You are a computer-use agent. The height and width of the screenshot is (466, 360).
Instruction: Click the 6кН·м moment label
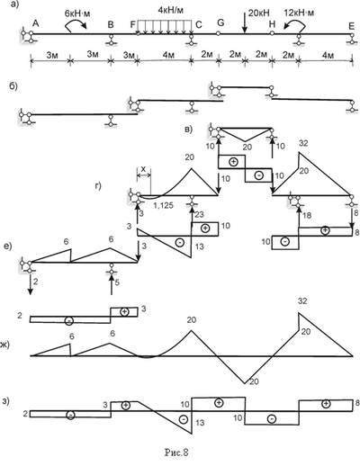tap(77, 13)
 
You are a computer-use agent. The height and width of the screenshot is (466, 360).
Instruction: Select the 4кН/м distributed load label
tap(170, 10)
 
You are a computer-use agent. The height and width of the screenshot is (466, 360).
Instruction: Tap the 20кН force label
tap(259, 13)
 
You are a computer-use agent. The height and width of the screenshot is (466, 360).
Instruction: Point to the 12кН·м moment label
tap(299, 13)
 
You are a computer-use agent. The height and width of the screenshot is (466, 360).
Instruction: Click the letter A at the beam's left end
tap(35, 23)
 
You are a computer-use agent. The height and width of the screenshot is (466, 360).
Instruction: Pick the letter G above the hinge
tap(220, 22)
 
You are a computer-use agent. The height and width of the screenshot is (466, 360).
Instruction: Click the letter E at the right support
tap(352, 26)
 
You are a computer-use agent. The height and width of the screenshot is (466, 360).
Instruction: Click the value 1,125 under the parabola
tap(164, 205)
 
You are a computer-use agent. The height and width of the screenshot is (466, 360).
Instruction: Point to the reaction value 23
tap(199, 214)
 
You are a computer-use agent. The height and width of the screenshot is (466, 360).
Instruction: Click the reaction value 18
tap(307, 215)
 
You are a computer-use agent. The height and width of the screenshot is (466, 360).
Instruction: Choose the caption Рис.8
tap(176, 453)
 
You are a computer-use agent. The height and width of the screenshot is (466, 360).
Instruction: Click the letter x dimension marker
tap(143, 169)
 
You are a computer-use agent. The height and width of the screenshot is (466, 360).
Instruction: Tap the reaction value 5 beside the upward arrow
tap(117, 282)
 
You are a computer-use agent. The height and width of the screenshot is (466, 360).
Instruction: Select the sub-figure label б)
tap(13, 86)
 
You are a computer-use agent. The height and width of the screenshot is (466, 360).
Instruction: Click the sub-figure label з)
tap(5, 401)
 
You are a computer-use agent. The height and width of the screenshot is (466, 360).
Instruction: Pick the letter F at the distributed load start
tap(133, 24)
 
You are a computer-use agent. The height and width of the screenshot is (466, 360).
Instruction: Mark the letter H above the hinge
tap(272, 23)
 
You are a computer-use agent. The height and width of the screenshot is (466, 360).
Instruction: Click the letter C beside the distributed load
tap(199, 25)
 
